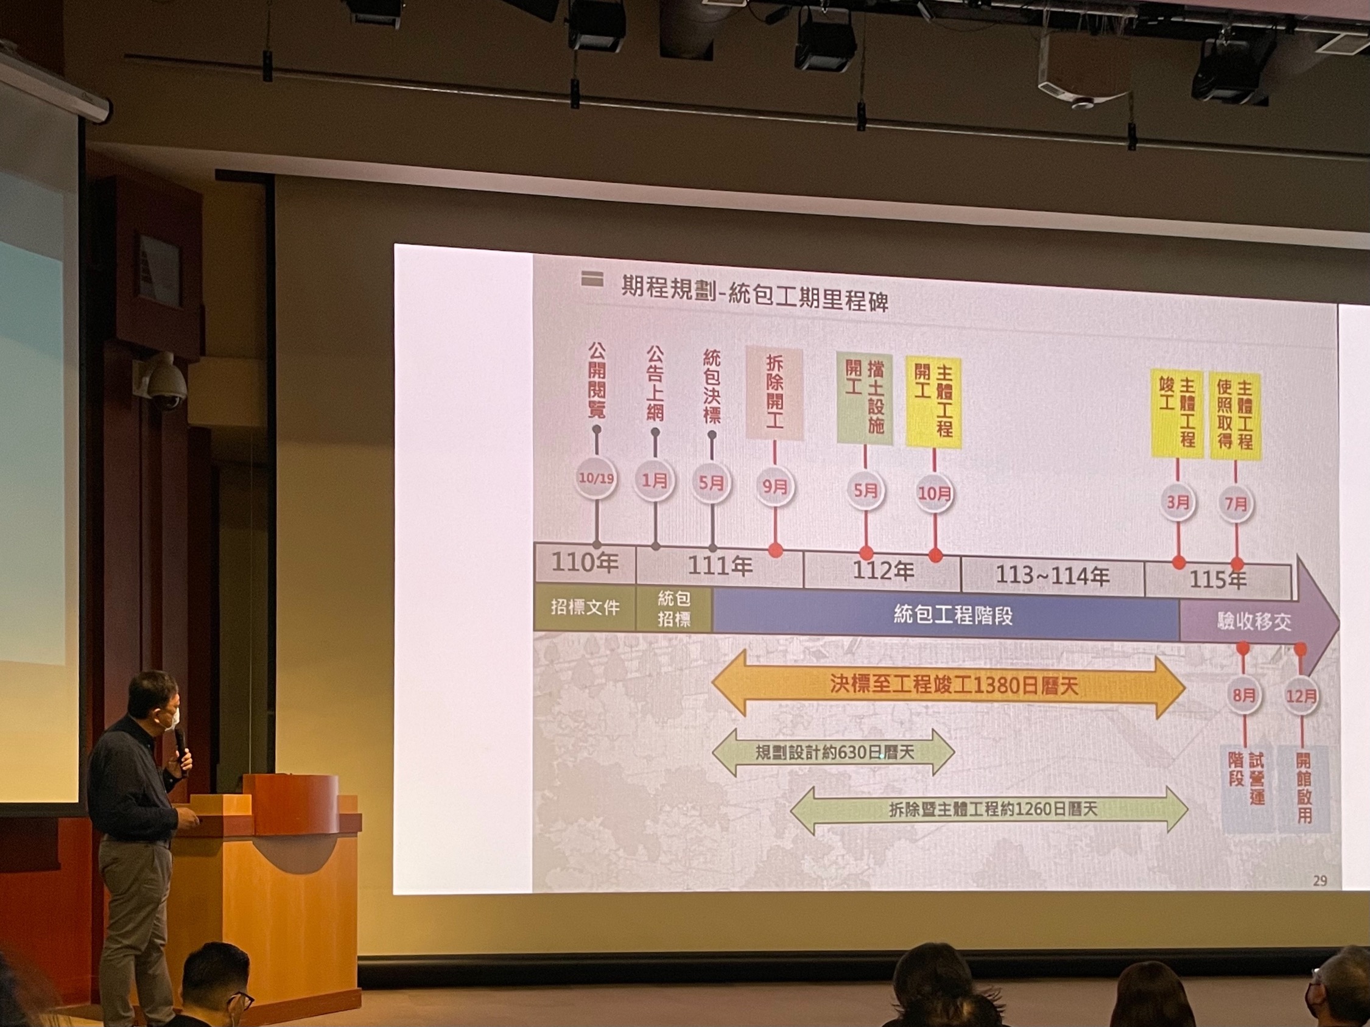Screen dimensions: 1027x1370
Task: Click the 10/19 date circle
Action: click(x=596, y=478)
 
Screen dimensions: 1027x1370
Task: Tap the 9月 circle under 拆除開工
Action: click(x=775, y=486)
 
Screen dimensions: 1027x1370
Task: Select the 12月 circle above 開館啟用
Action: click(x=1301, y=696)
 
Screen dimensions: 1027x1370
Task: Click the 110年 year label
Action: click(x=585, y=563)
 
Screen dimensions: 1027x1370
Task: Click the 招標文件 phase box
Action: click(x=585, y=608)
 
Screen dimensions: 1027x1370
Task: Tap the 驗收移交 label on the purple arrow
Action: click(x=1254, y=622)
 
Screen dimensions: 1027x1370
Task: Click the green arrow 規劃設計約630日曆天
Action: click(x=834, y=752)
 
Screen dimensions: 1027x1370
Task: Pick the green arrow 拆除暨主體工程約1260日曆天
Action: click(x=989, y=810)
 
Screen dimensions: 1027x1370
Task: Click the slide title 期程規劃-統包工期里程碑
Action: click(x=754, y=295)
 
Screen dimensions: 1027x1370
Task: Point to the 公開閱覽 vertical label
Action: click(x=597, y=380)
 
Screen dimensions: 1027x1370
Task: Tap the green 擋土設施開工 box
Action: click(x=865, y=399)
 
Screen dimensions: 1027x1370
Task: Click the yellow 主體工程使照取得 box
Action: click(x=1235, y=415)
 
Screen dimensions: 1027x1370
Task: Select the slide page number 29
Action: click(x=1319, y=880)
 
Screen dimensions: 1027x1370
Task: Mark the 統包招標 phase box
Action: click(x=674, y=608)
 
